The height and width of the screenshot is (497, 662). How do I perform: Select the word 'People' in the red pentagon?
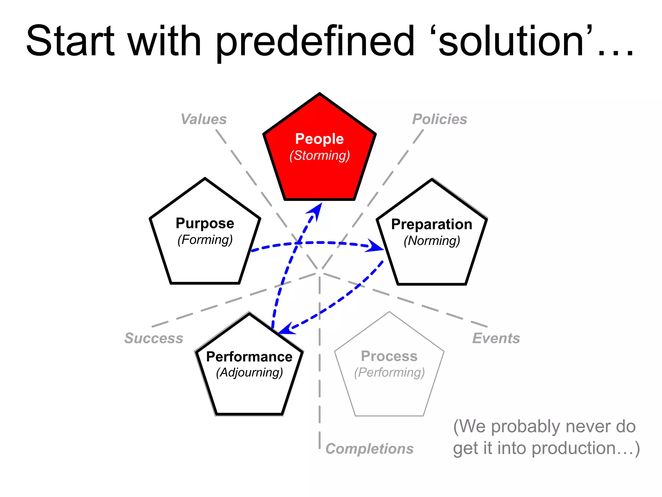(x=319, y=139)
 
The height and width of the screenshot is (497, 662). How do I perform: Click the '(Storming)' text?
(x=319, y=156)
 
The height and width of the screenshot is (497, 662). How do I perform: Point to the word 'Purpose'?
(x=205, y=224)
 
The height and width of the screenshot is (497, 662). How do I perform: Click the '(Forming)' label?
(x=205, y=240)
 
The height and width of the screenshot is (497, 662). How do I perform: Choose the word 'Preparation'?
(x=432, y=224)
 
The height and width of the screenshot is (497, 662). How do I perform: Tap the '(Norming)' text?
(x=432, y=241)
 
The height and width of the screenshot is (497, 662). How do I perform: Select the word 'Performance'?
(x=249, y=357)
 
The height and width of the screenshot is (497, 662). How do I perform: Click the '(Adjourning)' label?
(x=249, y=373)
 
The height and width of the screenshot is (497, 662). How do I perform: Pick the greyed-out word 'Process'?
(x=389, y=356)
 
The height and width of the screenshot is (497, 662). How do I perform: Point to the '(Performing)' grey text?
(x=389, y=373)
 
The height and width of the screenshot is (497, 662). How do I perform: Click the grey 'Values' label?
(x=204, y=119)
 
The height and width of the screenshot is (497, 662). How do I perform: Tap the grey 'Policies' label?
(x=440, y=119)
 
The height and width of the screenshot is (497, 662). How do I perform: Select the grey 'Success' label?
(x=154, y=338)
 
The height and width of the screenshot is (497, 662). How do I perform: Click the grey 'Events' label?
(x=496, y=338)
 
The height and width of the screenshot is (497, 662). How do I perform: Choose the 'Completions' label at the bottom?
(x=369, y=449)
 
